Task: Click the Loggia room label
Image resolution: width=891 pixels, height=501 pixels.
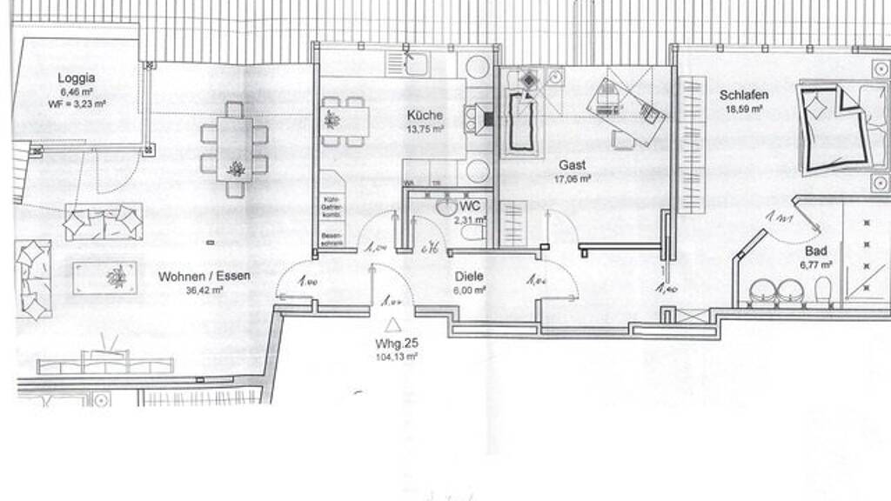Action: pyautogui.click(x=77, y=77)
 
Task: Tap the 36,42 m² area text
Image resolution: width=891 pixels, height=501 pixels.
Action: pyautogui.click(x=204, y=291)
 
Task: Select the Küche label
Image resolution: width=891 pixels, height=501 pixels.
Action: pyautogui.click(x=425, y=115)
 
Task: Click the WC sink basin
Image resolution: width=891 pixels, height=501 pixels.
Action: pyautogui.click(x=446, y=208)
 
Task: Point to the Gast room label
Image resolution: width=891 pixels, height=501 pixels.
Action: pyautogui.click(x=573, y=164)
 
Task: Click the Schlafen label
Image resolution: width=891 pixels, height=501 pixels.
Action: pyautogui.click(x=744, y=95)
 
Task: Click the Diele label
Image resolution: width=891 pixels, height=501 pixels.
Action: pyautogui.click(x=469, y=277)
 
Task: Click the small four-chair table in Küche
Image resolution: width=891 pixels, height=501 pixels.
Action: pyautogui.click(x=344, y=121)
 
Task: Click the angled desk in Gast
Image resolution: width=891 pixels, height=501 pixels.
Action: pyautogui.click(x=625, y=109)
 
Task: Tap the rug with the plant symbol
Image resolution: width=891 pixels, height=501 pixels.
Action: pyautogui.click(x=105, y=277)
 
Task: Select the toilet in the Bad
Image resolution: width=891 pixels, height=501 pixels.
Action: pyautogui.click(x=823, y=293)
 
